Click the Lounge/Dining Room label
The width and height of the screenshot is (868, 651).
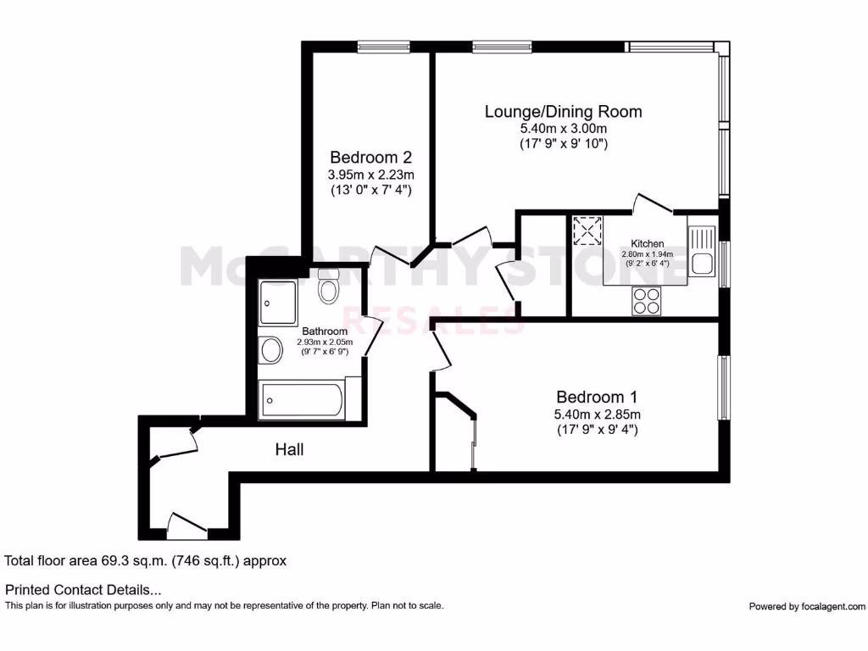pyautogui.click(x=563, y=111)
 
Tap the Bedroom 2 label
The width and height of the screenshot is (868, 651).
pyautogui.click(x=370, y=157)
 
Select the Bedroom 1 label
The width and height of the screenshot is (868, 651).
pyautogui.click(x=597, y=397)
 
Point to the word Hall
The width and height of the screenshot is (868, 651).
pyautogui.click(x=289, y=449)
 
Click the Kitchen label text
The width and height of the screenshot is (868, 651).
pyautogui.click(x=648, y=243)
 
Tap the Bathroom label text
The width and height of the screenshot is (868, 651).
pyautogui.click(x=325, y=331)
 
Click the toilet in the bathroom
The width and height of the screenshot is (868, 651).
pyautogui.click(x=328, y=288)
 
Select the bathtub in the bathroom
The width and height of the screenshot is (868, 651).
pyautogui.click(x=302, y=399)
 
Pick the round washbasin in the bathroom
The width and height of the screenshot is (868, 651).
pyautogui.click(x=271, y=350)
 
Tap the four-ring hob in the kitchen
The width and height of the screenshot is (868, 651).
pyautogui.click(x=646, y=300)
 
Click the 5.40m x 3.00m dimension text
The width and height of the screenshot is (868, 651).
pyautogui.click(x=563, y=128)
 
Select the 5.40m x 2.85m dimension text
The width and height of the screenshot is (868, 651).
pyautogui.click(x=597, y=414)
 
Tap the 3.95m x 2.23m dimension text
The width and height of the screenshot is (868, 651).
pyautogui.click(x=370, y=174)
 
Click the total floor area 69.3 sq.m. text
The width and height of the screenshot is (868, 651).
pyautogui.click(x=146, y=560)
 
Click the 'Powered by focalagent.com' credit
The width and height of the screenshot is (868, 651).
pyautogui.click(x=807, y=606)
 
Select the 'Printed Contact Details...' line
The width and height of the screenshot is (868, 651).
pyautogui.click(x=83, y=589)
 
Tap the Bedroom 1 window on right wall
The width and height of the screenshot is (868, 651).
pyautogui.click(x=724, y=387)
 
